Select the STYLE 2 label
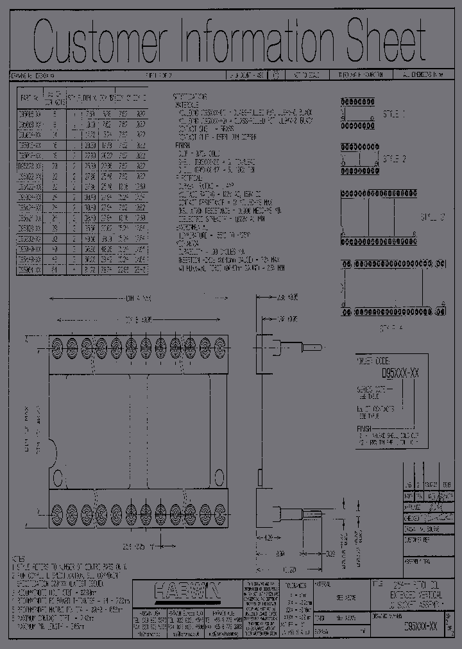coord(395,157)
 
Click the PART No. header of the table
coord(30,98)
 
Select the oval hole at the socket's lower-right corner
coord(218,478)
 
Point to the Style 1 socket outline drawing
coord(359,114)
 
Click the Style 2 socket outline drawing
coord(359,157)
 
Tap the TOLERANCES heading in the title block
coord(296,584)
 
